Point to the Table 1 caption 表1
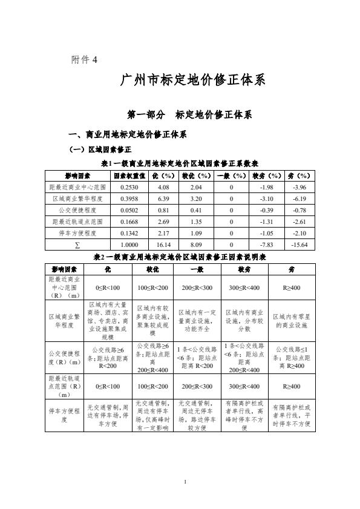click(x=180, y=163)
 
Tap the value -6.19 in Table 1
click(x=299, y=199)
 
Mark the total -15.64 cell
click(x=299, y=245)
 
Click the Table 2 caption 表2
click(x=180, y=257)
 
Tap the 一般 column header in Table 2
click(x=197, y=268)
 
